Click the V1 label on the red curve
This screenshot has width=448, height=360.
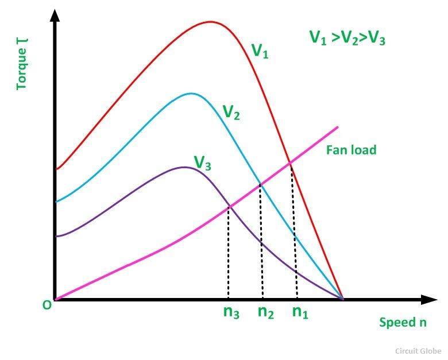click(x=260, y=51)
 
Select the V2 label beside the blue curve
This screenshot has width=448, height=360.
click(x=231, y=113)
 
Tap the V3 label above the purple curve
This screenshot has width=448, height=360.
click(x=202, y=163)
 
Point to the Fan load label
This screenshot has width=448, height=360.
click(x=351, y=150)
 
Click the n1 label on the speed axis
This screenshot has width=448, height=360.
click(x=300, y=312)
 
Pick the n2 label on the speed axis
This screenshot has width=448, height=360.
click(x=265, y=312)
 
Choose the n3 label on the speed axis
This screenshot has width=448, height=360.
click(x=231, y=312)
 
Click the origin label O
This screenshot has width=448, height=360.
click(x=47, y=305)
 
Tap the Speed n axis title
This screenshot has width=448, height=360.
click(x=403, y=322)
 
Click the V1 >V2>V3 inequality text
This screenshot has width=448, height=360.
click(x=347, y=38)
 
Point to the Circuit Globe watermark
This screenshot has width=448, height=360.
click(x=418, y=350)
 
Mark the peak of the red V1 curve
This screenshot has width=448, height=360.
click(x=210, y=22)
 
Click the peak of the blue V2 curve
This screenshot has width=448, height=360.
click(x=191, y=94)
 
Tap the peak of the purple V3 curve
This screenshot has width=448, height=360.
click(x=184, y=167)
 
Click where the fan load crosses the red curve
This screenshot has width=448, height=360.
click(x=291, y=163)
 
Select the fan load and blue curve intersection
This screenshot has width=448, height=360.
click(x=260, y=184)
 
